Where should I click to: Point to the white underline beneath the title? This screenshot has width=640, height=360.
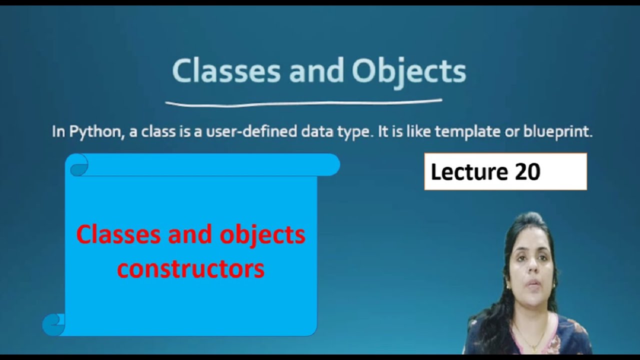point(303,103)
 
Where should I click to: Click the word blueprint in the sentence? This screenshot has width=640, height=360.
point(557,132)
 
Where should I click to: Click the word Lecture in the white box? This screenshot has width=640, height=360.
point(468,172)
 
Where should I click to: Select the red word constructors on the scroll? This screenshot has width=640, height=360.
point(190,269)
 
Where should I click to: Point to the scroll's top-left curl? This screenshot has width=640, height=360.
point(78,165)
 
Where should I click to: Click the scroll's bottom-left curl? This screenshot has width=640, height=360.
point(54,325)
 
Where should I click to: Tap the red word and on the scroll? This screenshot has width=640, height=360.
point(190,235)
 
